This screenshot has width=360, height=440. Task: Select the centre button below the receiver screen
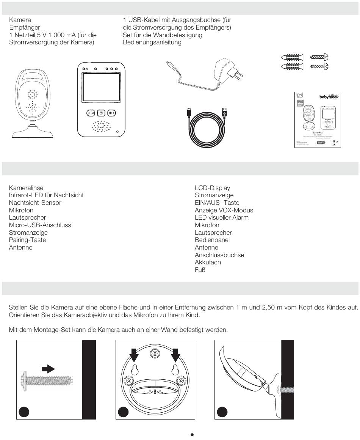click(x=101, y=113)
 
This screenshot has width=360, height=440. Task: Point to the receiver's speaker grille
click(x=101, y=127)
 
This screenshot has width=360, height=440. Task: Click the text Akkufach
click(x=208, y=262)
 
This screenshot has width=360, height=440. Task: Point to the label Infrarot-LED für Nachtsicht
click(x=46, y=195)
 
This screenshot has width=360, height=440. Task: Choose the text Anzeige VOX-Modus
click(x=224, y=210)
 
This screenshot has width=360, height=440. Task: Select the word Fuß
click(x=200, y=270)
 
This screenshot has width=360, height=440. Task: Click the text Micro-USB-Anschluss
click(x=40, y=225)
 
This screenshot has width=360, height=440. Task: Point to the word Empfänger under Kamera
click(x=25, y=27)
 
